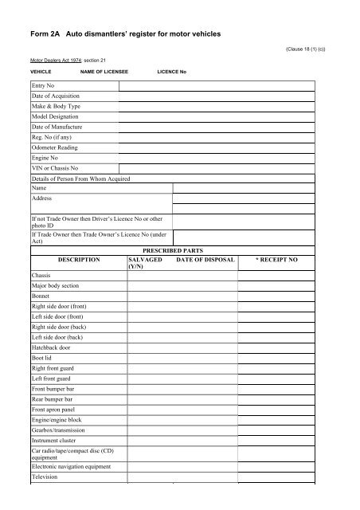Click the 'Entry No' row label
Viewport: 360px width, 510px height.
click(45, 85)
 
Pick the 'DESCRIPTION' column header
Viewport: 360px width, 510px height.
click(79, 260)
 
